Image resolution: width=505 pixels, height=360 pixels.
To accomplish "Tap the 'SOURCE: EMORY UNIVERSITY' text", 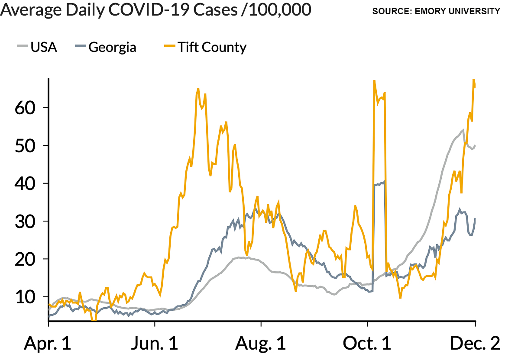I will [436, 11].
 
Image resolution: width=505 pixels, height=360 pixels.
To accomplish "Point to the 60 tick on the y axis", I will [25, 108].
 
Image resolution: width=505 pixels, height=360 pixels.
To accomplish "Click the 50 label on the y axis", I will [25, 145].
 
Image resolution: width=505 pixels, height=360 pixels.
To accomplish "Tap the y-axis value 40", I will [25, 183].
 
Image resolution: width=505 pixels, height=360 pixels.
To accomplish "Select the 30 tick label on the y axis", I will [25, 221].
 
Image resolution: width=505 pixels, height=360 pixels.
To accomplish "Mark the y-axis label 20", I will [25, 259].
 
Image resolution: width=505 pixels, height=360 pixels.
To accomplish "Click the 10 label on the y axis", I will [25, 297].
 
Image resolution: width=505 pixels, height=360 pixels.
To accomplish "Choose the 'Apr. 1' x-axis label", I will [48, 344].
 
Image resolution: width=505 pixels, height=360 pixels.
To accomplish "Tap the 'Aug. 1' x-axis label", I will [261, 344].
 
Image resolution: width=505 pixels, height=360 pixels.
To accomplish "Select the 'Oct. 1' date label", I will [367, 344].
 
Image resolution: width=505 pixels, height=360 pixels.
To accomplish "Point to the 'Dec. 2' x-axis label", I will [475, 344].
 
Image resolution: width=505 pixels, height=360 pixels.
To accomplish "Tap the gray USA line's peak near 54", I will [463, 130].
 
